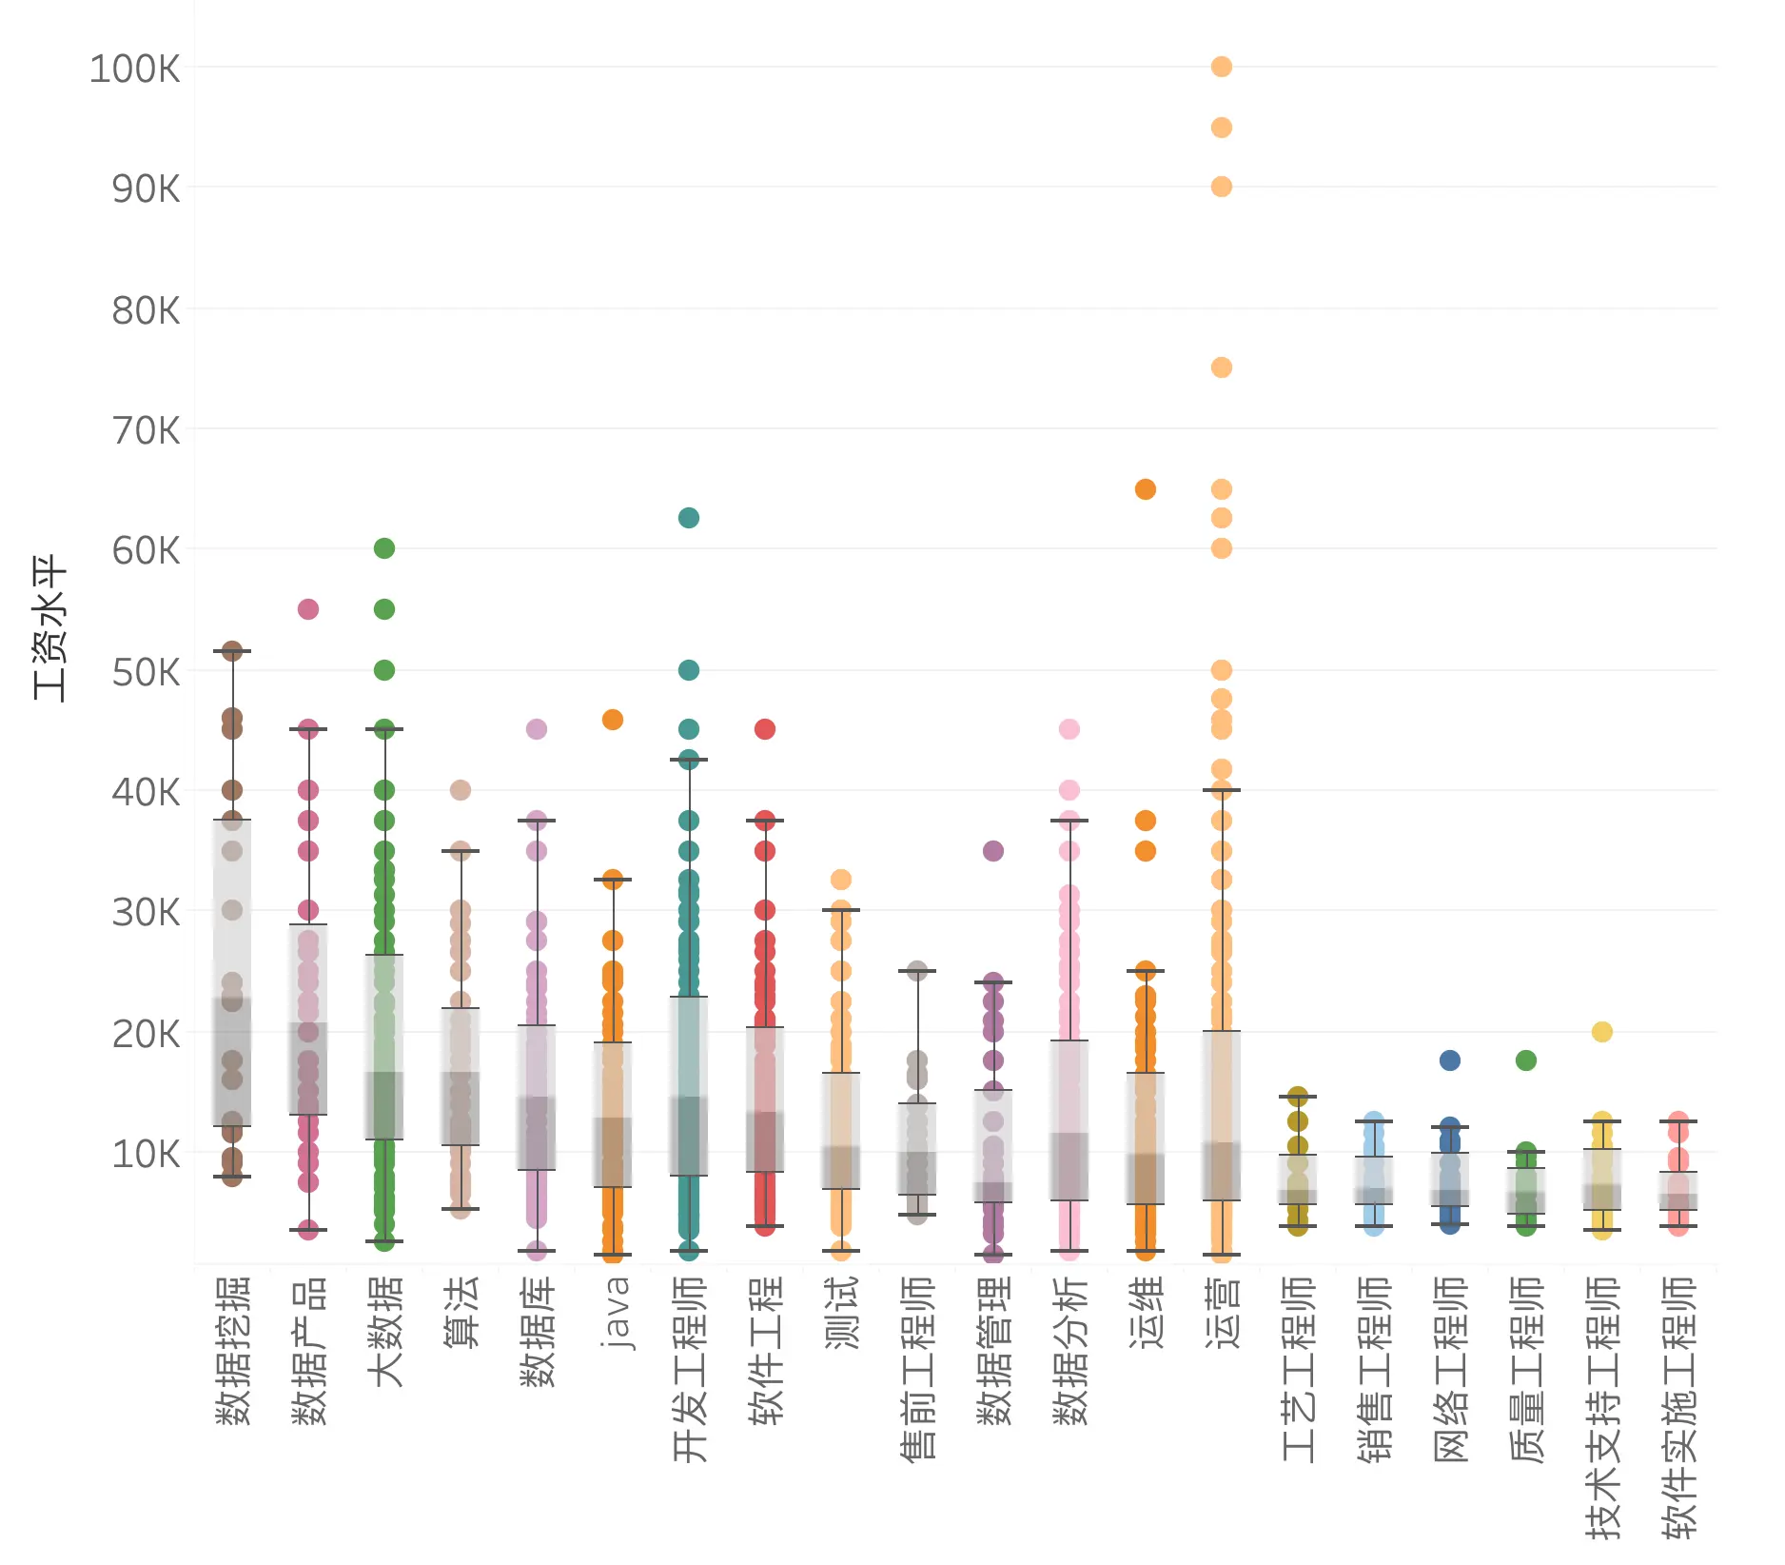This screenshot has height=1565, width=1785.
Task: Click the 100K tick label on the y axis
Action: tap(134, 69)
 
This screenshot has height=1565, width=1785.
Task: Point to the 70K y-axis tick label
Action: tap(146, 430)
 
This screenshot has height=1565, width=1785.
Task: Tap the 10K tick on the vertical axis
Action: tap(146, 1154)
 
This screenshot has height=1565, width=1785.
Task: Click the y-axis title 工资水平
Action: tap(49, 628)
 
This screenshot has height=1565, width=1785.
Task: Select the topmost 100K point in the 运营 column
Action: tap(1222, 67)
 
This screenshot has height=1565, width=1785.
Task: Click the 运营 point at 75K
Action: tap(1222, 367)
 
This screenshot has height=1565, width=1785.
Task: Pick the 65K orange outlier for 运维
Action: tap(1146, 489)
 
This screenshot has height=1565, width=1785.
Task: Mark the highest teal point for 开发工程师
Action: tap(689, 518)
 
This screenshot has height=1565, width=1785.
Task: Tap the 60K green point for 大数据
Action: tap(384, 548)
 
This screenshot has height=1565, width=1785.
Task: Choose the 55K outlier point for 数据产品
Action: tap(308, 609)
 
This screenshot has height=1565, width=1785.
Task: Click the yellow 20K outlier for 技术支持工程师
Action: tap(1602, 1032)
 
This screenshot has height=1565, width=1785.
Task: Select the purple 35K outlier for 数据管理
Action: tap(993, 851)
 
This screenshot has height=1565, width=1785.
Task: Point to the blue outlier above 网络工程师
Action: tap(1450, 1060)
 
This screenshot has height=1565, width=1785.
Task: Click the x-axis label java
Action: tap(615, 1314)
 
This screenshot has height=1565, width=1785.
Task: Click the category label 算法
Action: tap(461, 1312)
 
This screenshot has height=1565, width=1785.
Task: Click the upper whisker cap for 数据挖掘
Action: tap(232, 651)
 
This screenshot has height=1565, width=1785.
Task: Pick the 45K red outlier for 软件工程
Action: tap(765, 729)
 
